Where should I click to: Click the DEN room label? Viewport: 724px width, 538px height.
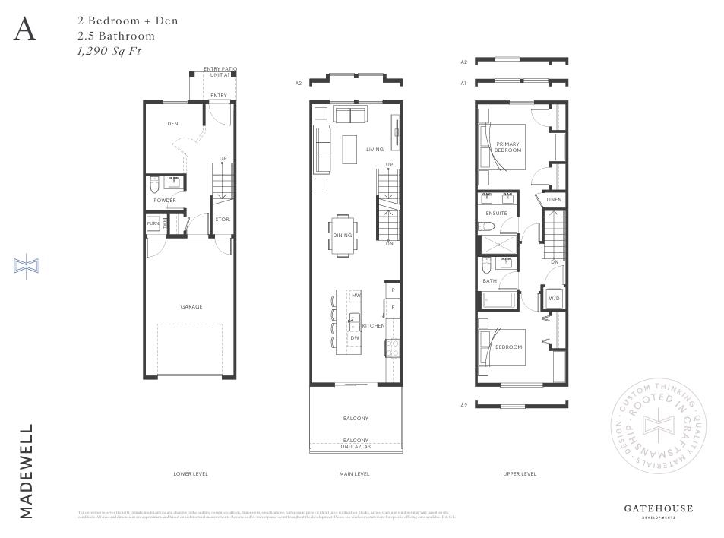click(172, 123)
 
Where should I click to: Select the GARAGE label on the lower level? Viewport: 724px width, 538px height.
click(191, 307)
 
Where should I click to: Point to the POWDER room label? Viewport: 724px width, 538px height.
click(165, 201)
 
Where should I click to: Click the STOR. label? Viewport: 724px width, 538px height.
click(222, 220)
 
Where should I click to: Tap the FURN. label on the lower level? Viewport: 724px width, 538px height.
click(153, 224)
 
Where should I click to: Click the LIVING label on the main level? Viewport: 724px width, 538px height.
click(375, 150)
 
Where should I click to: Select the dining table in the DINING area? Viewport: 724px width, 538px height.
click(343, 235)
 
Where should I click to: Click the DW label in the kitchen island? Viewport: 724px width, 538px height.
click(355, 337)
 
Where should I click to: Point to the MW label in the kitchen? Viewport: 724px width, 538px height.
click(356, 294)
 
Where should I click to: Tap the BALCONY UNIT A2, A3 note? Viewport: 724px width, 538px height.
click(356, 443)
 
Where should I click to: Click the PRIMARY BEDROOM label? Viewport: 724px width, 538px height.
click(508, 147)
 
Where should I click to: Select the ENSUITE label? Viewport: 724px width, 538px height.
click(496, 214)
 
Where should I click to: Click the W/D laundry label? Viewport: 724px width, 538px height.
click(554, 299)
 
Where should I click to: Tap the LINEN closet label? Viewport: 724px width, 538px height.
click(554, 201)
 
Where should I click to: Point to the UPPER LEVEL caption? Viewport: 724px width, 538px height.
click(520, 473)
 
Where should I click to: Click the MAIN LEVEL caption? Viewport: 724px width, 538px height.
click(355, 473)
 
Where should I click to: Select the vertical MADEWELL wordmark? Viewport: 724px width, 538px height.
click(27, 471)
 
